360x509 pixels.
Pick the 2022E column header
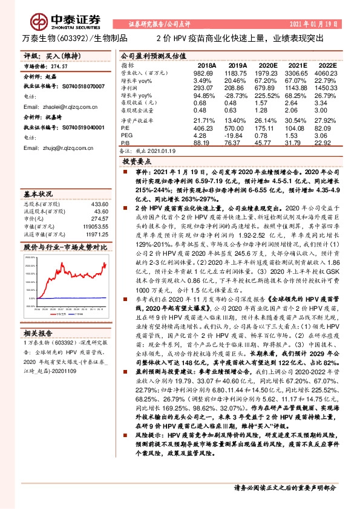point(327,65)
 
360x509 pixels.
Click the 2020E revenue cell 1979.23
point(267,73)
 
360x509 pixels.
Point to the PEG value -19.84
point(237,135)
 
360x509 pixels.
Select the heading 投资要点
point(137,162)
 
